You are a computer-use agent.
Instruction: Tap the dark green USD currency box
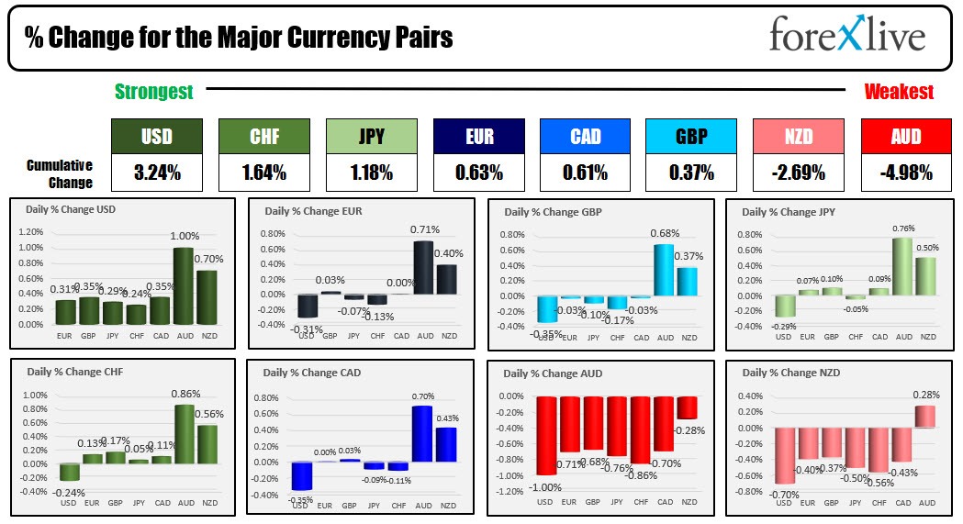click(156, 137)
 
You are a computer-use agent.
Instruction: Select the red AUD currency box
click(906, 137)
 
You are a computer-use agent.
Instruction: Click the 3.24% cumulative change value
click(156, 173)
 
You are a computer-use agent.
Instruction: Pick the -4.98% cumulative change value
click(906, 173)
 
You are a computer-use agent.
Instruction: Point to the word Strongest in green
click(153, 92)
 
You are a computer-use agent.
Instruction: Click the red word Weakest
click(899, 92)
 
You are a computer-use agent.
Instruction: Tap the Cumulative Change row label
click(59, 173)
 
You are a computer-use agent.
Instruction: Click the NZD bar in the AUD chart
click(688, 407)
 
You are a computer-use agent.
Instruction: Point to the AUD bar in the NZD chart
click(924, 417)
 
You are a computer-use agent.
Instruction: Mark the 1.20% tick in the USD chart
click(31, 231)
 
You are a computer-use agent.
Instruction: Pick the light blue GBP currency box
click(691, 137)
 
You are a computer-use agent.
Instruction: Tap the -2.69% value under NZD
click(799, 173)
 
